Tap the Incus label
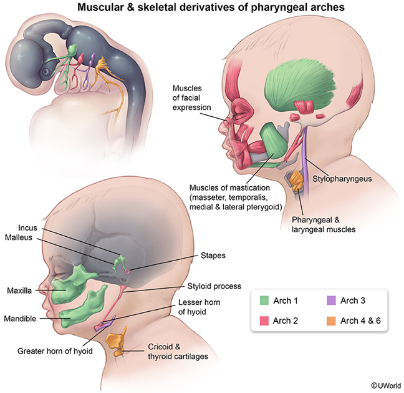(x=31, y=228)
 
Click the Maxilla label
(x=20, y=291)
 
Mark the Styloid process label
(x=214, y=286)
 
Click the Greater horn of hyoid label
(x=55, y=351)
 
